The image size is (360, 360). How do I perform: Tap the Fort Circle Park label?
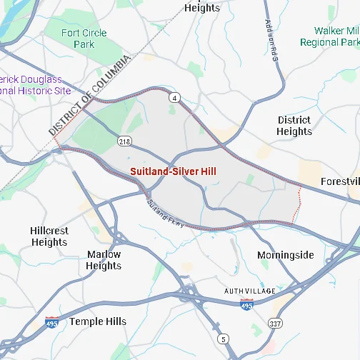pyautogui.click(x=84, y=39)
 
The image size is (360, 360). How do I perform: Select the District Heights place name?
pyautogui.click(x=294, y=126)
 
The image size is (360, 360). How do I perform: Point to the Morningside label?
pyautogui.click(x=285, y=255)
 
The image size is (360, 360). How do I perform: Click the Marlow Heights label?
pyautogui.click(x=104, y=260)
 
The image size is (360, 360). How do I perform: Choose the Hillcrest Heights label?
pyautogui.click(x=49, y=236)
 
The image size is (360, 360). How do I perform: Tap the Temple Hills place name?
pyautogui.click(x=97, y=321)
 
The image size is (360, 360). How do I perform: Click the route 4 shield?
pyautogui.click(x=174, y=96)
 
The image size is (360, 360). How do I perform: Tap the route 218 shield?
pyautogui.click(x=125, y=141)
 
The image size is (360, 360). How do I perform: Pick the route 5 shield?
pyautogui.click(x=224, y=339)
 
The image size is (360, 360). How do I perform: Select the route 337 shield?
pyautogui.click(x=275, y=324)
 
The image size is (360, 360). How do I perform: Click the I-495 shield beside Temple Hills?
pyautogui.click(x=51, y=323)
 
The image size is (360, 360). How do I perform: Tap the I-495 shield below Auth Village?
pyautogui.click(x=246, y=304)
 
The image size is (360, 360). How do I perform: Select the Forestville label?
pyautogui.click(x=340, y=181)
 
